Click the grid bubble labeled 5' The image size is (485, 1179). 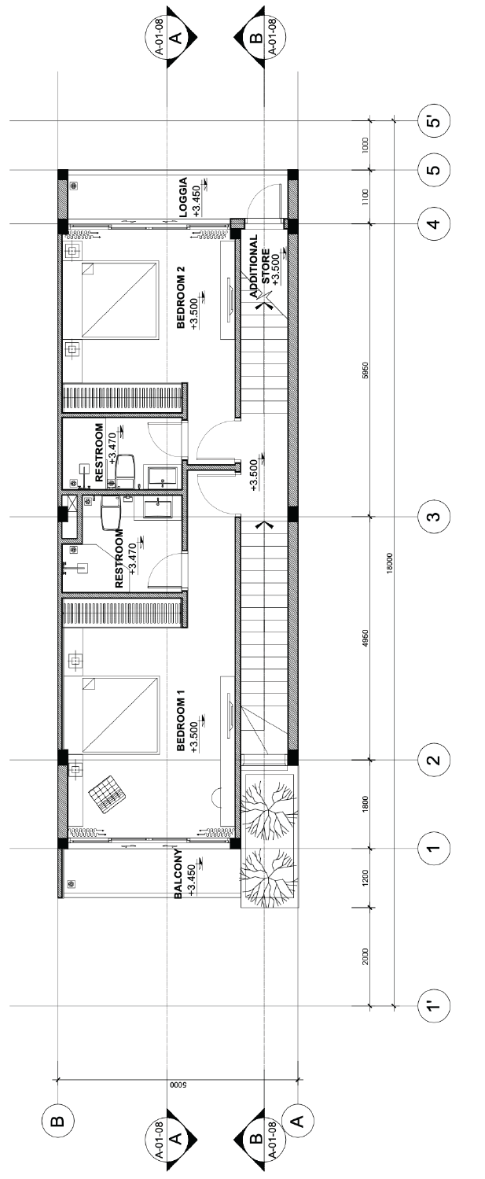click(435, 122)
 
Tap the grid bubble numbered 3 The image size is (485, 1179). click(435, 516)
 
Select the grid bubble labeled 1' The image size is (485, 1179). click(435, 1007)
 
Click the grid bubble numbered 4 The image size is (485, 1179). click(435, 224)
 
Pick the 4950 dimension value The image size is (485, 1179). click(366, 638)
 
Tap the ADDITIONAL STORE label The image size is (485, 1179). click(260, 267)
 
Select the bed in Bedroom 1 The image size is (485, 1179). click(120, 715)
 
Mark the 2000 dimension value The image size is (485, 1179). click(366, 956)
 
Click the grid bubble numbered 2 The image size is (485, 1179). click(435, 760)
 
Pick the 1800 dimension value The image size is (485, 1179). click(366, 804)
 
